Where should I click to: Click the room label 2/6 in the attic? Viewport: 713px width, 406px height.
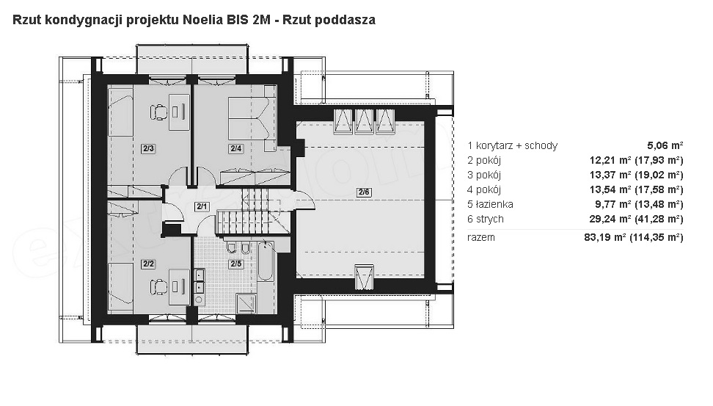pos(364,192)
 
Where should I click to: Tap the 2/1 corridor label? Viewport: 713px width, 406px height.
pos(202,206)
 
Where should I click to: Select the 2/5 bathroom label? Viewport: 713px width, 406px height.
pos(236,264)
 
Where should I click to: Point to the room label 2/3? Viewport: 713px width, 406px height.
pos(148,148)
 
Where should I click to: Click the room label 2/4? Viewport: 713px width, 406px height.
pos(236,148)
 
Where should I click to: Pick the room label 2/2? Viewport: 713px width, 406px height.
pos(148,264)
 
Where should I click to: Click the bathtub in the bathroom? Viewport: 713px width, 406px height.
pos(266,261)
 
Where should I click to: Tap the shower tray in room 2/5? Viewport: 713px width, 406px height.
pos(246,304)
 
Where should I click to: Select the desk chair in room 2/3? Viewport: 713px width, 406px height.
pos(158,112)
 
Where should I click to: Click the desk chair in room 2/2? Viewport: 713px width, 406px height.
pos(158,287)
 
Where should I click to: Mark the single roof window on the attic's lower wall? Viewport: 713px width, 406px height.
pos(365,276)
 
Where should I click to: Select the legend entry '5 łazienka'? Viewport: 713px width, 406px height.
pos(490,204)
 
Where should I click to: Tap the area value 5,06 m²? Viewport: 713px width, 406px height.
pos(665,145)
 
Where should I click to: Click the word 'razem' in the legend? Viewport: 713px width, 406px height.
pos(481,238)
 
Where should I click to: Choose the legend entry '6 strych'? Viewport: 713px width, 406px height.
pos(485,219)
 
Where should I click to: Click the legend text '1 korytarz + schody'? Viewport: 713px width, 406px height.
pos(512,145)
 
